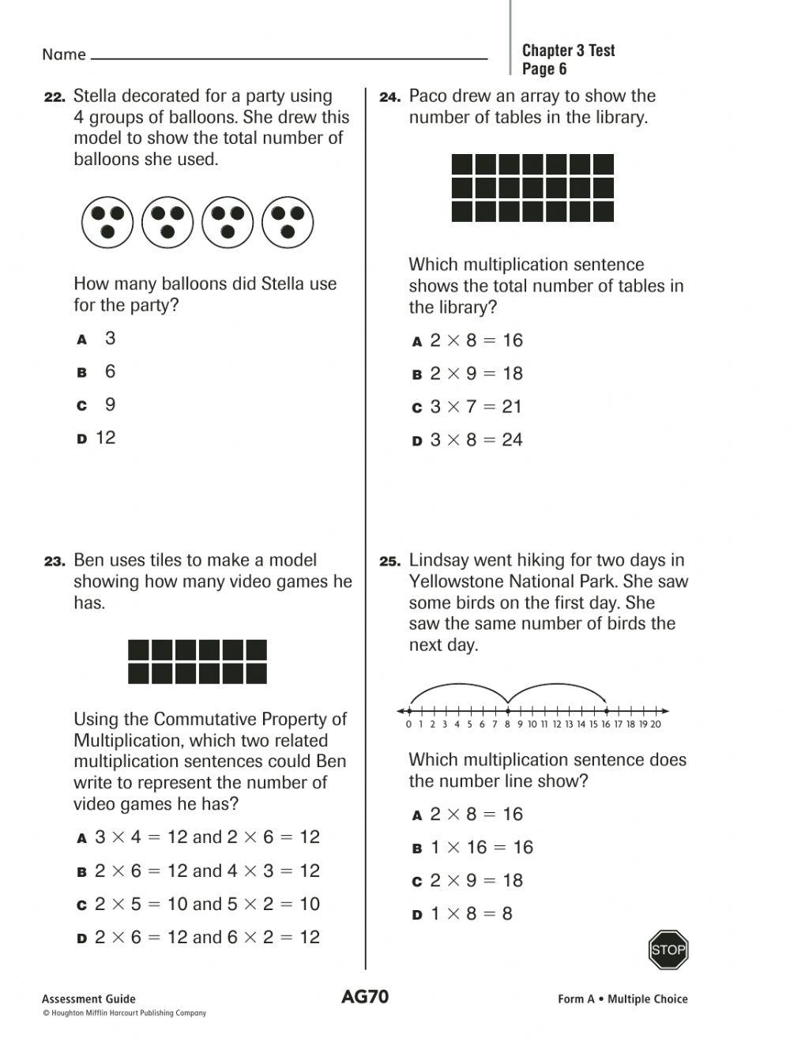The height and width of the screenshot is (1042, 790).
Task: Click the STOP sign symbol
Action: pyautogui.click(x=668, y=950)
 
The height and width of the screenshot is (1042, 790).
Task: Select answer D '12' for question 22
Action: pyautogui.click(x=105, y=438)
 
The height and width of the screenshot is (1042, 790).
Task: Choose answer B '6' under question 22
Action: pyautogui.click(x=109, y=371)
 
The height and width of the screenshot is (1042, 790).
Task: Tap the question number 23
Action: pyautogui.click(x=55, y=562)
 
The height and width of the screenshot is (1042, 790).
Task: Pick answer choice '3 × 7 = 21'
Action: pyautogui.click(x=476, y=407)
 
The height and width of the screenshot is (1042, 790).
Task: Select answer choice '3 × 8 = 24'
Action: pyautogui.click(x=476, y=440)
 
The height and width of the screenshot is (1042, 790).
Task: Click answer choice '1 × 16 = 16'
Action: pyautogui.click(x=481, y=848)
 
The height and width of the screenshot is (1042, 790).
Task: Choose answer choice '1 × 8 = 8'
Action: pyautogui.click(x=471, y=914)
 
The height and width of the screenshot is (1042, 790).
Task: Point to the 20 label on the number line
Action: pyautogui.click(x=655, y=724)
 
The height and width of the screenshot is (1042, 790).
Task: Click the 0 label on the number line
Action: pyautogui.click(x=408, y=724)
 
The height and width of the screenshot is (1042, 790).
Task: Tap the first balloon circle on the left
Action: pyautogui.click(x=107, y=222)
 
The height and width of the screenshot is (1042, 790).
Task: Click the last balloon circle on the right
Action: pyautogui.click(x=288, y=222)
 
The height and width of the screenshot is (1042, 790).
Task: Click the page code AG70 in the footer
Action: pyautogui.click(x=365, y=996)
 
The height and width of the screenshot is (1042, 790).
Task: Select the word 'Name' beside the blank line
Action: pyautogui.click(x=64, y=55)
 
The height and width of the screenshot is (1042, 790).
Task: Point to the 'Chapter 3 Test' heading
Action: pyautogui.click(x=568, y=51)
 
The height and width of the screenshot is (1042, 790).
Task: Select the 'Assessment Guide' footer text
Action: pyautogui.click(x=88, y=999)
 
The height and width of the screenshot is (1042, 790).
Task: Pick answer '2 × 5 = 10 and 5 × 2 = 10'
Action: pyautogui.click(x=207, y=905)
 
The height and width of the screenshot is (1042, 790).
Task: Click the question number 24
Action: pyautogui.click(x=390, y=97)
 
